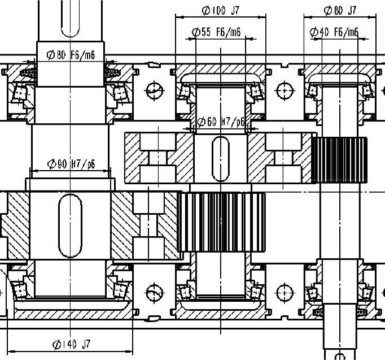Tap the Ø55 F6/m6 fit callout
pyautogui.click(x=217, y=32)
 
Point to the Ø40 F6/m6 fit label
pyautogui.click(x=334, y=32)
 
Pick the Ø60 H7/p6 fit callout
pyautogui.click(x=222, y=122)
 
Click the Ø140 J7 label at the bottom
pyautogui.click(x=71, y=344)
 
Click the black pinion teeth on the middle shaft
pyautogui.click(x=221, y=222)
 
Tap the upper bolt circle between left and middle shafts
pyautogui.click(x=153, y=89)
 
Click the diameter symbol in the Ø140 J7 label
pyautogui.click(x=56, y=344)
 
